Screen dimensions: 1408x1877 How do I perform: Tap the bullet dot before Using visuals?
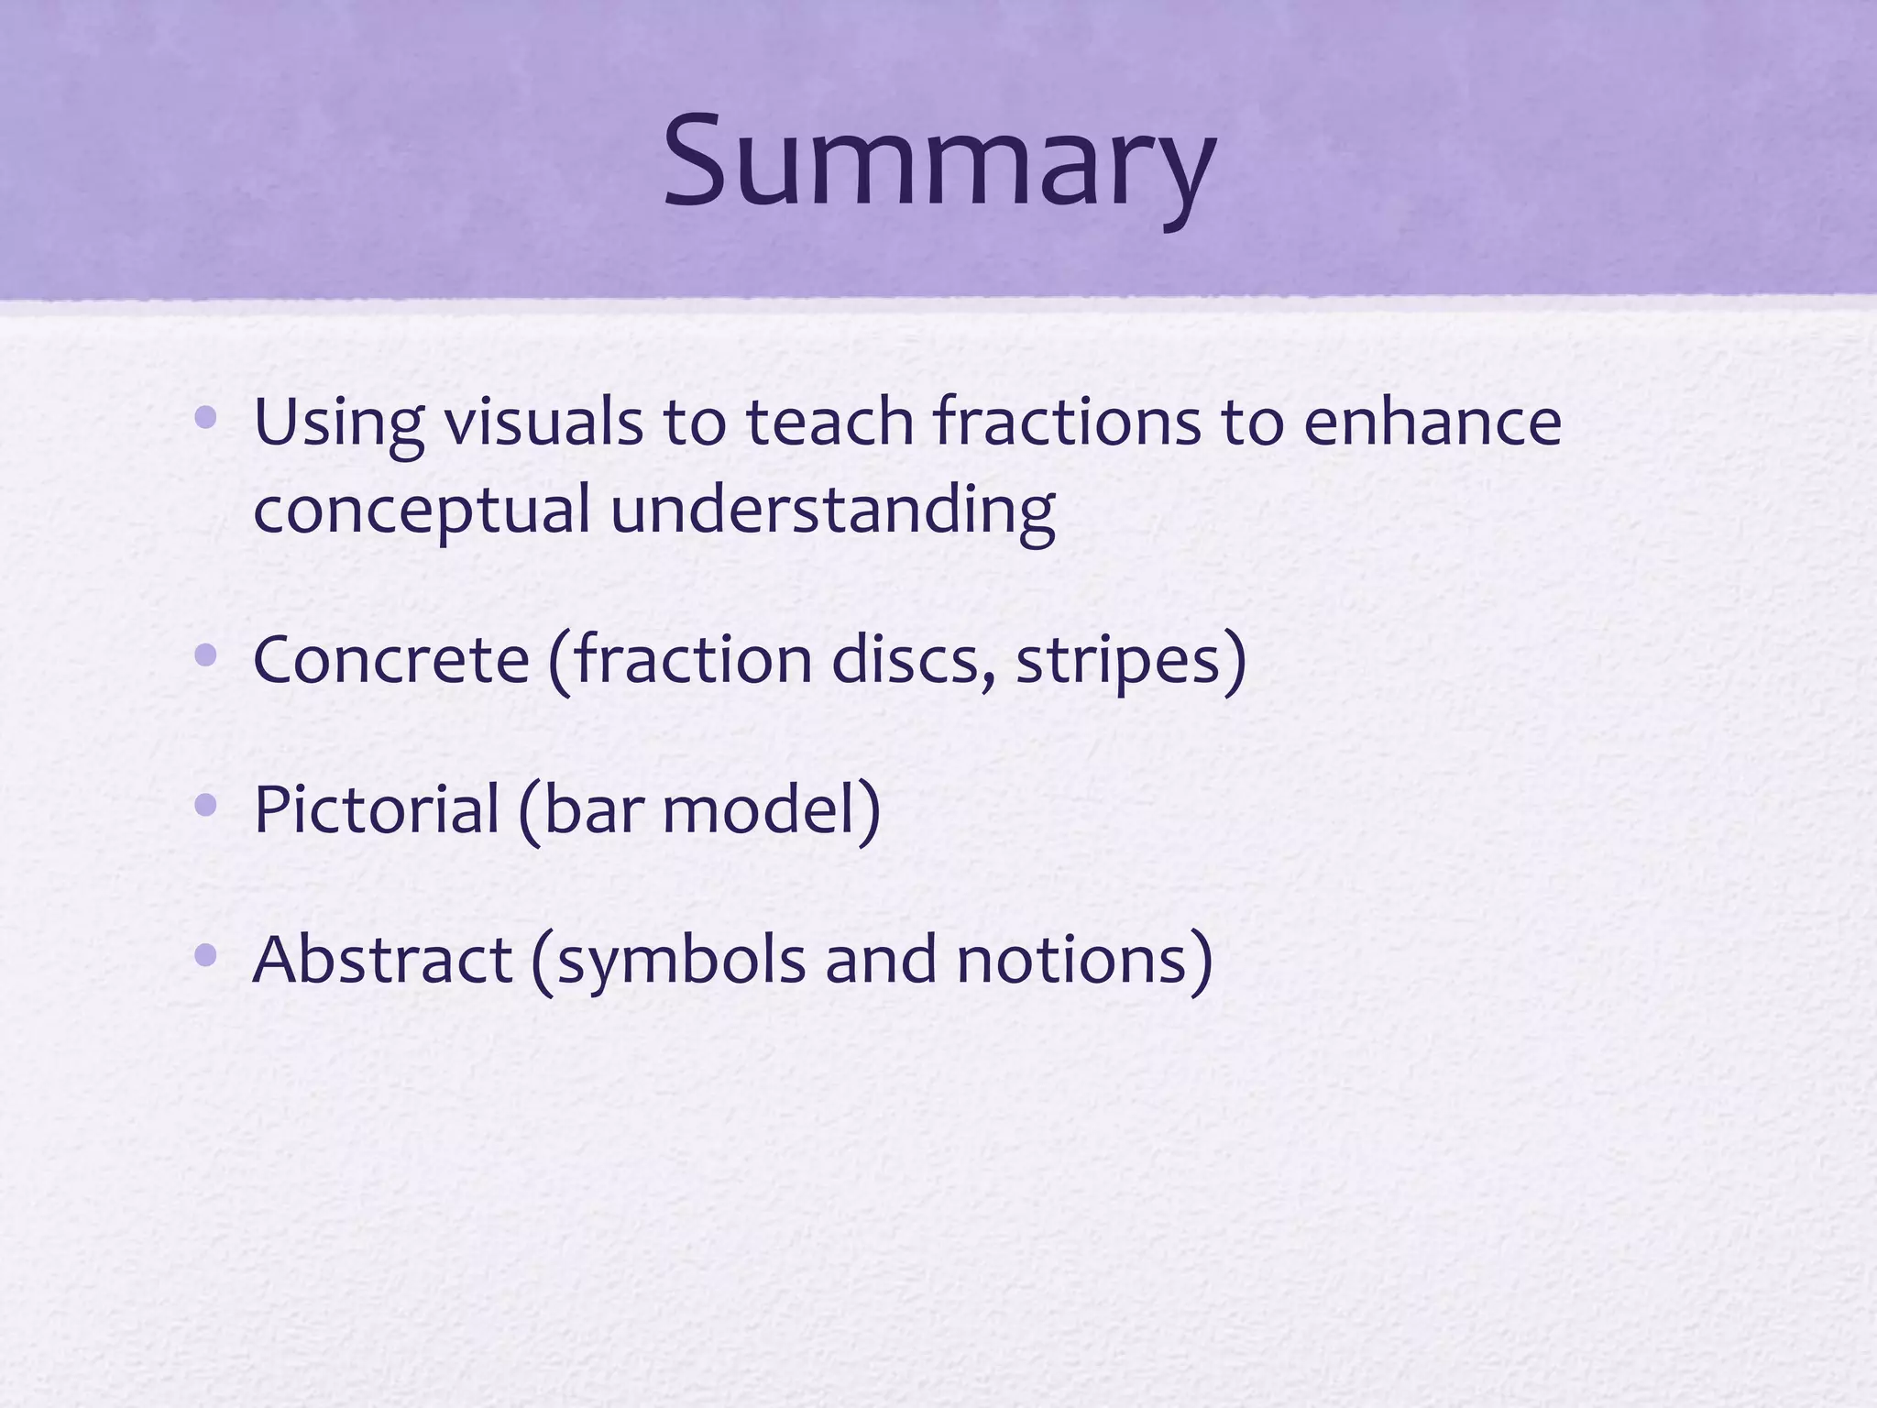(206, 419)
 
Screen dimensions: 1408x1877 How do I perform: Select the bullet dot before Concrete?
(206, 655)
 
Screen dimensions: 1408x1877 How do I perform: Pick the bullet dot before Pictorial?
(206, 806)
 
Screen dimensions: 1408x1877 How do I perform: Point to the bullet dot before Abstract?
(206, 956)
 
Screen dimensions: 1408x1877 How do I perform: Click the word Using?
(338, 423)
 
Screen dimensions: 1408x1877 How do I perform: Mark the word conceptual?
(422, 511)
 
